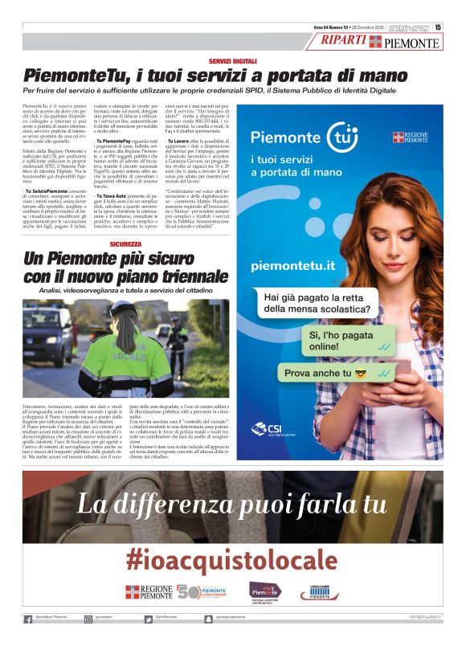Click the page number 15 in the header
tap(439, 27)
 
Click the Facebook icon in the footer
tap(28, 619)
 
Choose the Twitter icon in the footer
tap(149, 619)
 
